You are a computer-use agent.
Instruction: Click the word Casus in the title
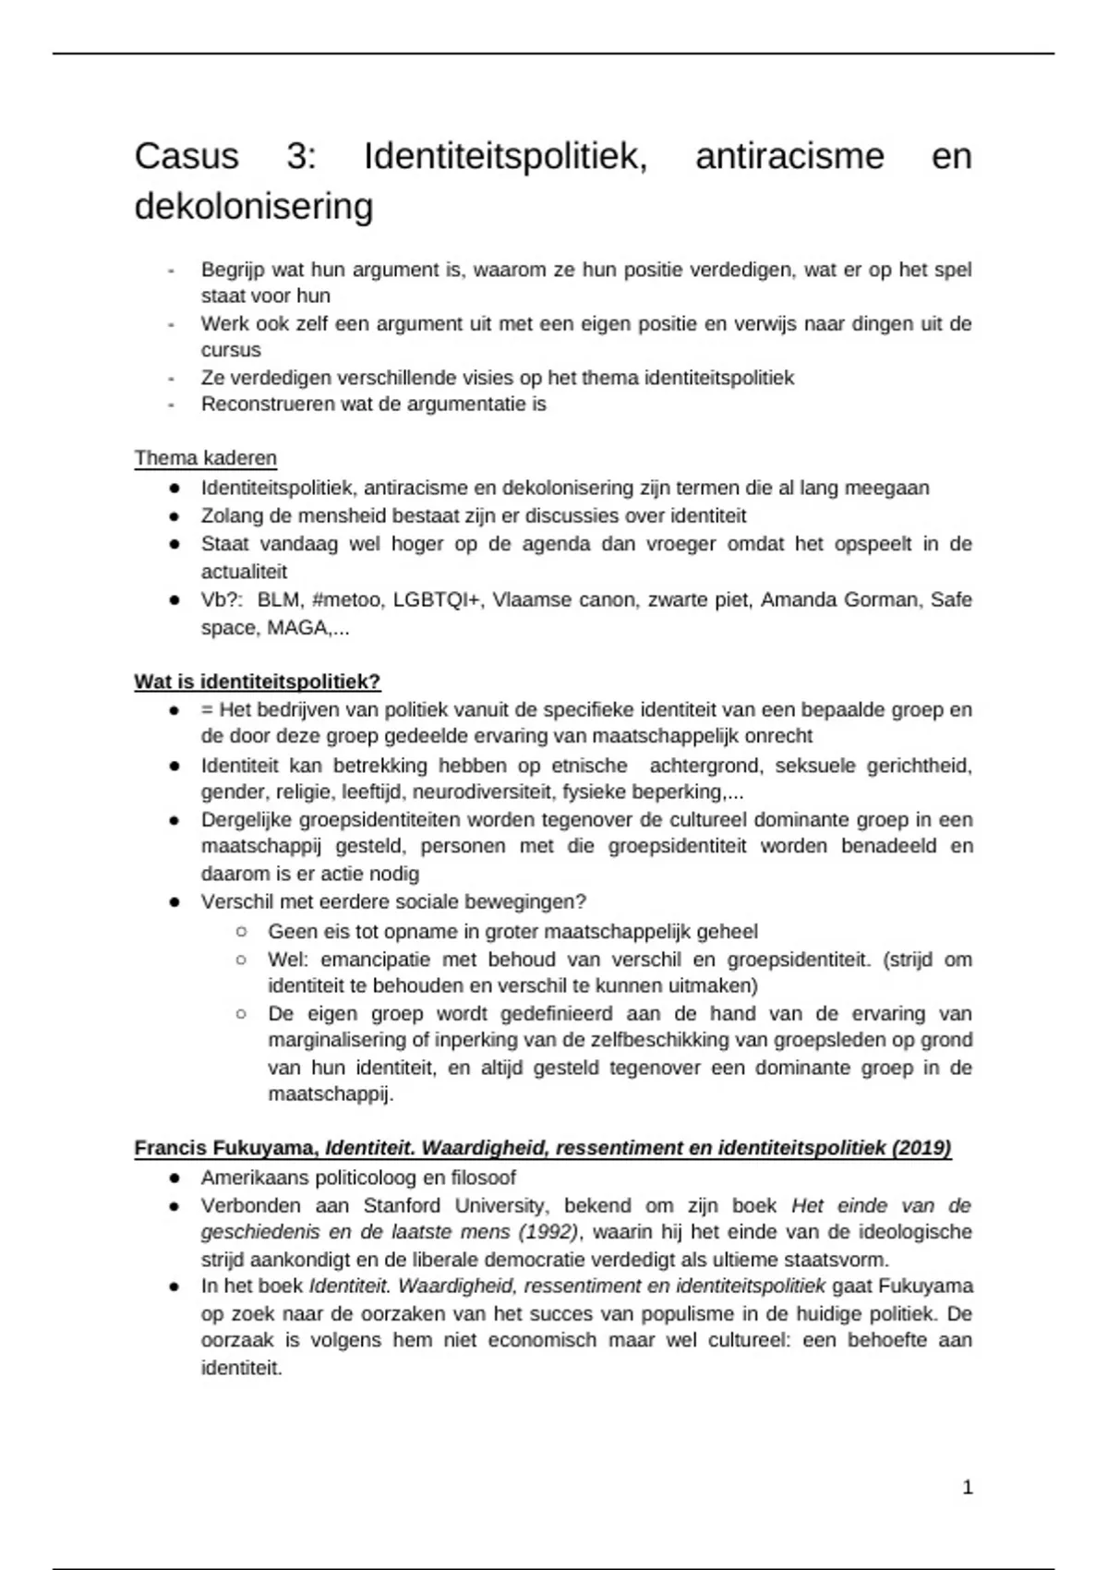point(187,156)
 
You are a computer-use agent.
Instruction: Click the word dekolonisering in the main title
point(254,206)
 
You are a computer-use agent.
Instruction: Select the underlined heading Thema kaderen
point(205,458)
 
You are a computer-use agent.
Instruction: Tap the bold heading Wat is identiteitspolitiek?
point(257,682)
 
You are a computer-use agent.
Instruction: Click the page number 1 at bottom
point(968,1487)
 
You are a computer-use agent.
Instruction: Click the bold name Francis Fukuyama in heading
point(225,1148)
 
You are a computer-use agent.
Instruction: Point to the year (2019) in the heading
point(921,1148)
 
